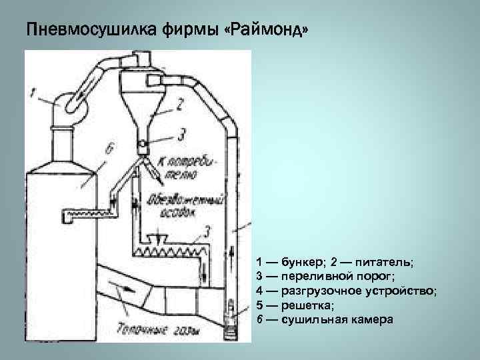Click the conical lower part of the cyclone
tap(143, 120)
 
